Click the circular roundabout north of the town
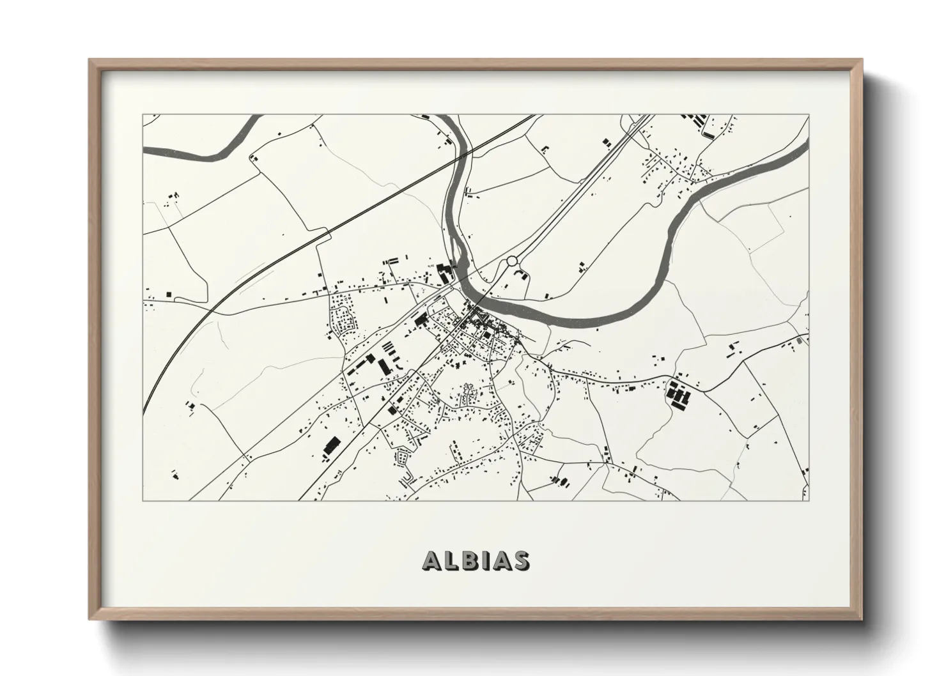tap(511, 261)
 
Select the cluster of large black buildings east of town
tap(678, 395)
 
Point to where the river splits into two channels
tap(456, 249)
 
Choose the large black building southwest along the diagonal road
tap(331, 445)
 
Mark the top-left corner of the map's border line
tap(143, 115)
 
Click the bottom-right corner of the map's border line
tap(809, 500)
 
